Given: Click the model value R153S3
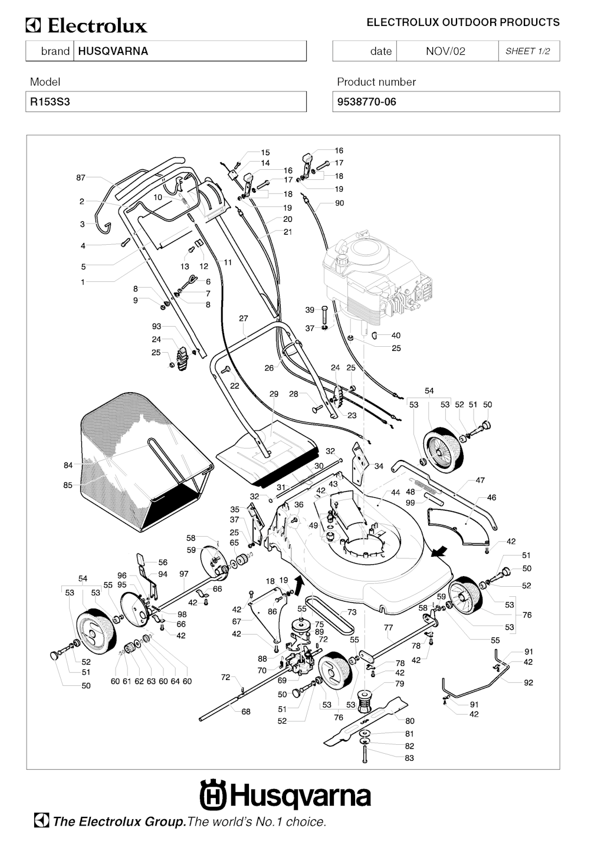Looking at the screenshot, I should click(50, 101).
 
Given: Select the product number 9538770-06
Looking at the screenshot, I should click(366, 101).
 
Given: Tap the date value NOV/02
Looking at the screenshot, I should click(445, 51).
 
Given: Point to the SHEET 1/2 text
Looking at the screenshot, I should click(527, 51).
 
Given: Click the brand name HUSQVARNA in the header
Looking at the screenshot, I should click(113, 51).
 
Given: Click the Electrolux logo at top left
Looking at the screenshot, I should click(86, 26).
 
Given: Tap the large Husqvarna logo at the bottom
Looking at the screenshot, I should click(285, 796).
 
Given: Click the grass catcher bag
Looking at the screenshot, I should click(142, 460).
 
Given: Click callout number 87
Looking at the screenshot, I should click(81, 178).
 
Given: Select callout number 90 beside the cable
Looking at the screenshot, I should click(339, 203).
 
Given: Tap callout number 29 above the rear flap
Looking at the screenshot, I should click(274, 394).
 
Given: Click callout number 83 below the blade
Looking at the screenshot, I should click(409, 758).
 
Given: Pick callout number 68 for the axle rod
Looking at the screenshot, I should click(246, 712).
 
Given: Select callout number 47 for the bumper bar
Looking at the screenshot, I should click(480, 480).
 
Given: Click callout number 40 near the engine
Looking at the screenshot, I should click(396, 336).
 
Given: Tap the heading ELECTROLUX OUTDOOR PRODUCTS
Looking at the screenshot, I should click(463, 22).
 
